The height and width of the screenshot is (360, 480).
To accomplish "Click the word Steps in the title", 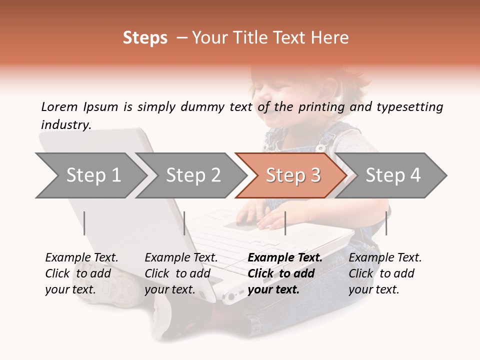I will click(145, 38).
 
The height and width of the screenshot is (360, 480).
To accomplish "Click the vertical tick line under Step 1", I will click(84, 223).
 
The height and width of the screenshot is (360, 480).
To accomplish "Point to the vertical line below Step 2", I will click(184, 223).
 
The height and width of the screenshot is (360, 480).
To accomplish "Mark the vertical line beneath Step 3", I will click(285, 223).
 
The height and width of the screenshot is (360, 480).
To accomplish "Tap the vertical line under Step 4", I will click(386, 223).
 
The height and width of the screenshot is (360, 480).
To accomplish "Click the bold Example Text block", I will click(284, 273).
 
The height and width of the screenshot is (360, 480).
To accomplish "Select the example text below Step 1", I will click(81, 273).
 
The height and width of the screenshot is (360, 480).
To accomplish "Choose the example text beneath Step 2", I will click(181, 273).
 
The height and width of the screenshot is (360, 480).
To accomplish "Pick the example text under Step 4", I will click(385, 273).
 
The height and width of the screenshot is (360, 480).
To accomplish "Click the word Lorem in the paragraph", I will click(59, 106).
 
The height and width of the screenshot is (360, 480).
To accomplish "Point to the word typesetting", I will click(409, 107).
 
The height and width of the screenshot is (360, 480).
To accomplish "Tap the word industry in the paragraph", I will click(66, 124).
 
